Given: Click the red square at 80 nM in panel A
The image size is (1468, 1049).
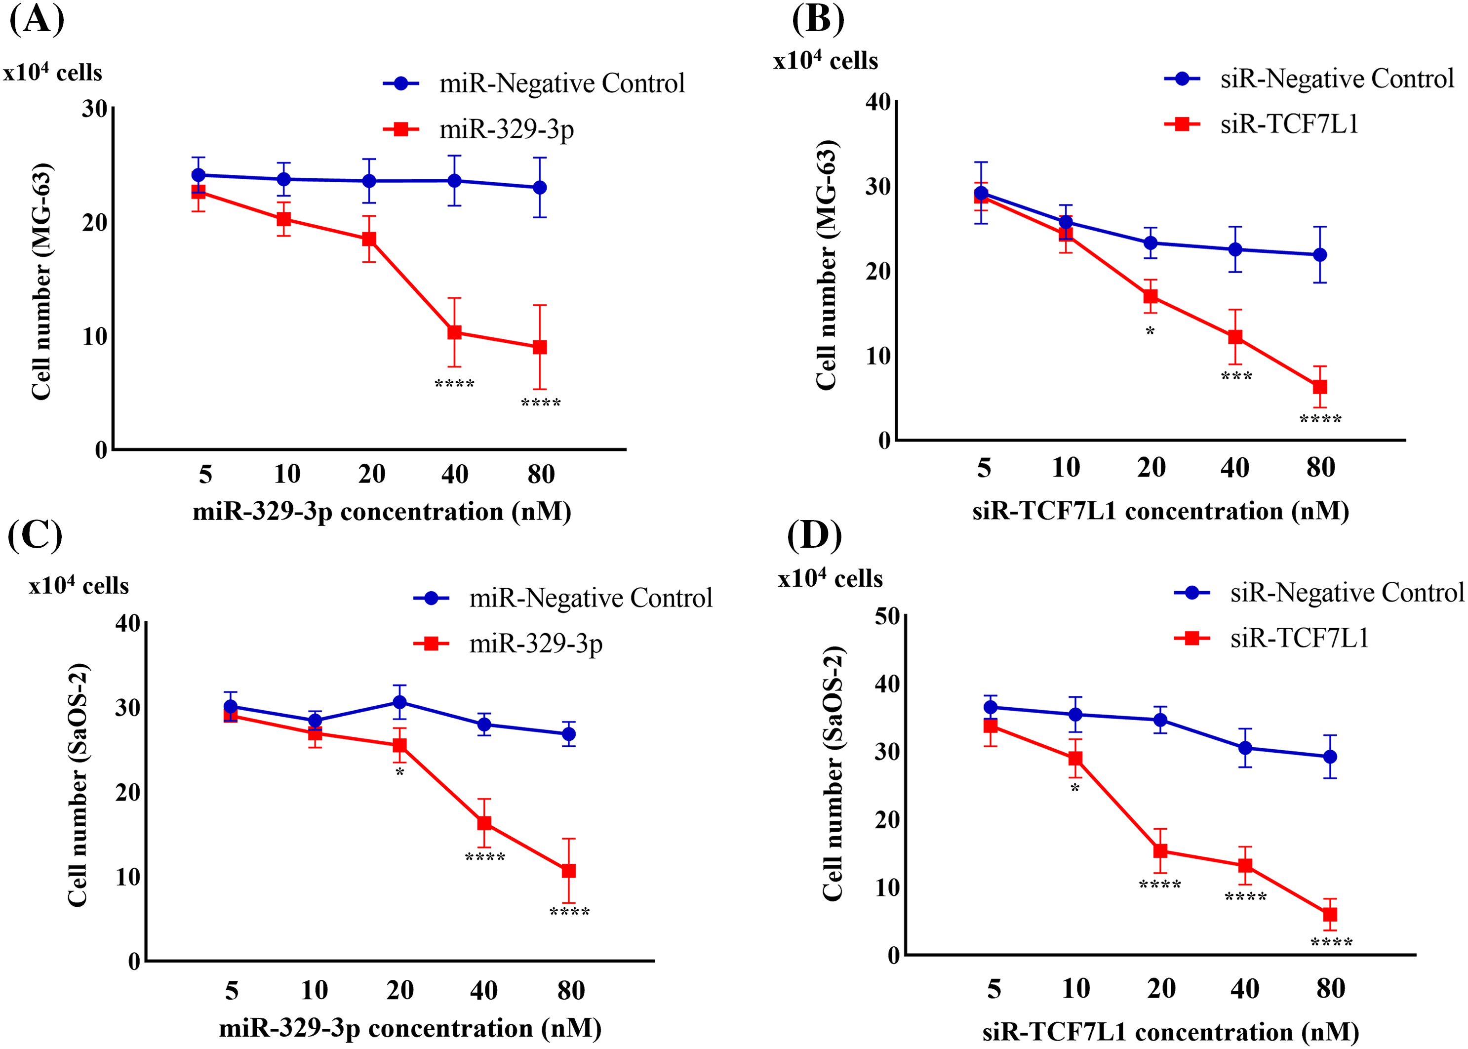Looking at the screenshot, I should coord(540,348).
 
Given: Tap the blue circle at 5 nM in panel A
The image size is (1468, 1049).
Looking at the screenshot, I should coord(198,175).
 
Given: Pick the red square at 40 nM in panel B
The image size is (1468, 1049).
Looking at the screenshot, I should coord(1235,336).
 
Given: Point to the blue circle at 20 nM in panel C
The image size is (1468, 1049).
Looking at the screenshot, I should coord(400,702).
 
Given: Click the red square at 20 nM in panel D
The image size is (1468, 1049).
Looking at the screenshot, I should coord(1160,850).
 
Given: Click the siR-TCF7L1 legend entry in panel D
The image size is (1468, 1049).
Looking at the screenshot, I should coord(1299,638).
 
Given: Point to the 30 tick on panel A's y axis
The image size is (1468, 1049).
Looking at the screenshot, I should coord(95,109).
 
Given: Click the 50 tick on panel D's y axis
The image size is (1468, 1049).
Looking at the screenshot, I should coord(887,616).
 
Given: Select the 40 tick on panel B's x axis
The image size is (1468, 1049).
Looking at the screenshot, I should coord(1234,467).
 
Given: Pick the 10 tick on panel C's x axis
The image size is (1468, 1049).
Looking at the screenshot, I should coord(315,990).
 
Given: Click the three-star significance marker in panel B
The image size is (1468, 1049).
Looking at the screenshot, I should coord(1236,376).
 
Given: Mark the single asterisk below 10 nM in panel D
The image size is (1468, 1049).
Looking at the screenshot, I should coord(1074,789).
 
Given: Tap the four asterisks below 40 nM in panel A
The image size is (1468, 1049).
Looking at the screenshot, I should coord(455,384).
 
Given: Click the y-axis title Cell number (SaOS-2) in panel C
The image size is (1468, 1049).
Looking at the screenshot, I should coord(78,785).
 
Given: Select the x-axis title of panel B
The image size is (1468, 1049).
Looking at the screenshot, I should coord(1160,512).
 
